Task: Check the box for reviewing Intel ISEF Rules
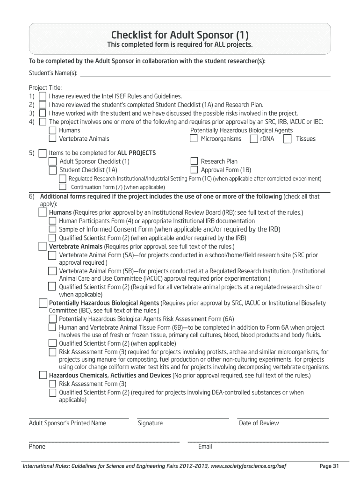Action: coord(43,96)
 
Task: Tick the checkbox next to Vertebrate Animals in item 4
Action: coord(52,138)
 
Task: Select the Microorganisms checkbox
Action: coord(194,138)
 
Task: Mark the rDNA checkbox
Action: coord(253,138)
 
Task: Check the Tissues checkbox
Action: coord(288,138)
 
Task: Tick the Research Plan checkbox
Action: coord(194,161)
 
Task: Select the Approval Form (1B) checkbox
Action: coord(194,170)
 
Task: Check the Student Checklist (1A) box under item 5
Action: coord(52,170)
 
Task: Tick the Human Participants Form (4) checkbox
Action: coord(52,221)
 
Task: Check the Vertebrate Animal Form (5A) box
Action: coord(52,255)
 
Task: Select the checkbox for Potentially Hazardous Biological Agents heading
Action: coord(43,303)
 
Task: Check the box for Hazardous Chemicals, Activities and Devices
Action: coord(43,375)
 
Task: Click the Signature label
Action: coord(150,423)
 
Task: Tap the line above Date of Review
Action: coord(282,417)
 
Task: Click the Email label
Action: coord(205,446)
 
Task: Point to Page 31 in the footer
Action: coord(329,466)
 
